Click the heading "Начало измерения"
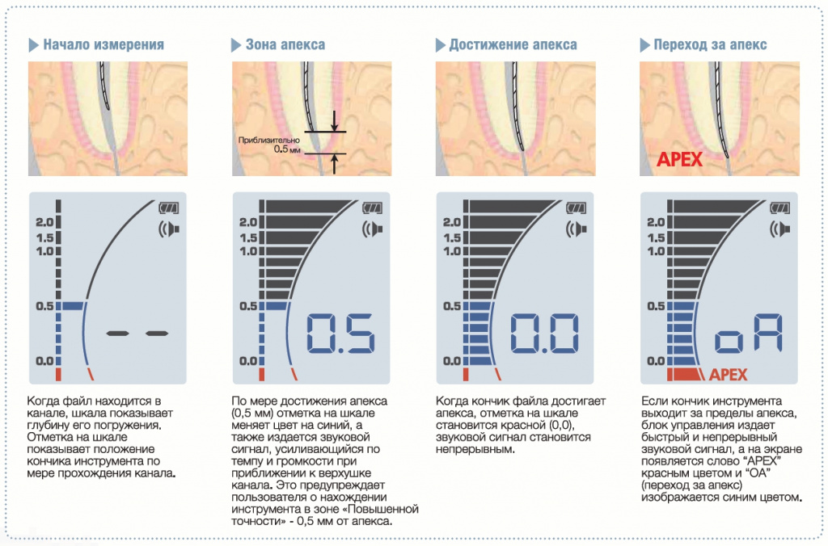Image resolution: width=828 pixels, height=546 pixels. tap(103, 44)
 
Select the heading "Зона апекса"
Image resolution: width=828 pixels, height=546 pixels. tap(285, 44)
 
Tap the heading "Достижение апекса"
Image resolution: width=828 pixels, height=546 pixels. tap(513, 44)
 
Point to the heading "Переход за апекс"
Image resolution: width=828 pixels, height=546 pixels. tap(710, 44)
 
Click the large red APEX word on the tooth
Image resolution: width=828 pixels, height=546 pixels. tap(679, 159)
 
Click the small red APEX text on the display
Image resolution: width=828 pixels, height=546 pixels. tap(729, 375)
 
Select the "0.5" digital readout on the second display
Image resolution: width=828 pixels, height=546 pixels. tap(340, 334)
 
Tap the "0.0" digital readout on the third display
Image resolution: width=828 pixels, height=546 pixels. tap(544, 334)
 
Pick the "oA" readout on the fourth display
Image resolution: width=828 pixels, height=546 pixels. tap(748, 334)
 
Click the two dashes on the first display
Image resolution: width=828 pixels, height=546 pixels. tap(137, 334)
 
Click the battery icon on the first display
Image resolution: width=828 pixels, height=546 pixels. tap(168, 208)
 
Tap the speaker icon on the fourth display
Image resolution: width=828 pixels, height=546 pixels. tap(780, 229)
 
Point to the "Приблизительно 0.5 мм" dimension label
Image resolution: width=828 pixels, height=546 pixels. tap(268, 145)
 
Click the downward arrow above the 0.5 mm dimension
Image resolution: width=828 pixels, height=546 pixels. tap(334, 121)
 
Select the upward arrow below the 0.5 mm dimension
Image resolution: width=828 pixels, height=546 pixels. tap(334, 164)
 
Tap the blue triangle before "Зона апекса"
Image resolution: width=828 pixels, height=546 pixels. tap(236, 45)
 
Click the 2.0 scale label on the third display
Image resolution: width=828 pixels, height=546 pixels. tap(451, 222)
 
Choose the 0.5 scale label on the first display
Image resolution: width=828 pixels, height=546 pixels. tap(44, 306)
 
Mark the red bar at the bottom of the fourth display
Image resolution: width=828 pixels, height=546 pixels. tap(686, 375)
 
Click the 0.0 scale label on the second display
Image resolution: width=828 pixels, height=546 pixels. tap(248, 361)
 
